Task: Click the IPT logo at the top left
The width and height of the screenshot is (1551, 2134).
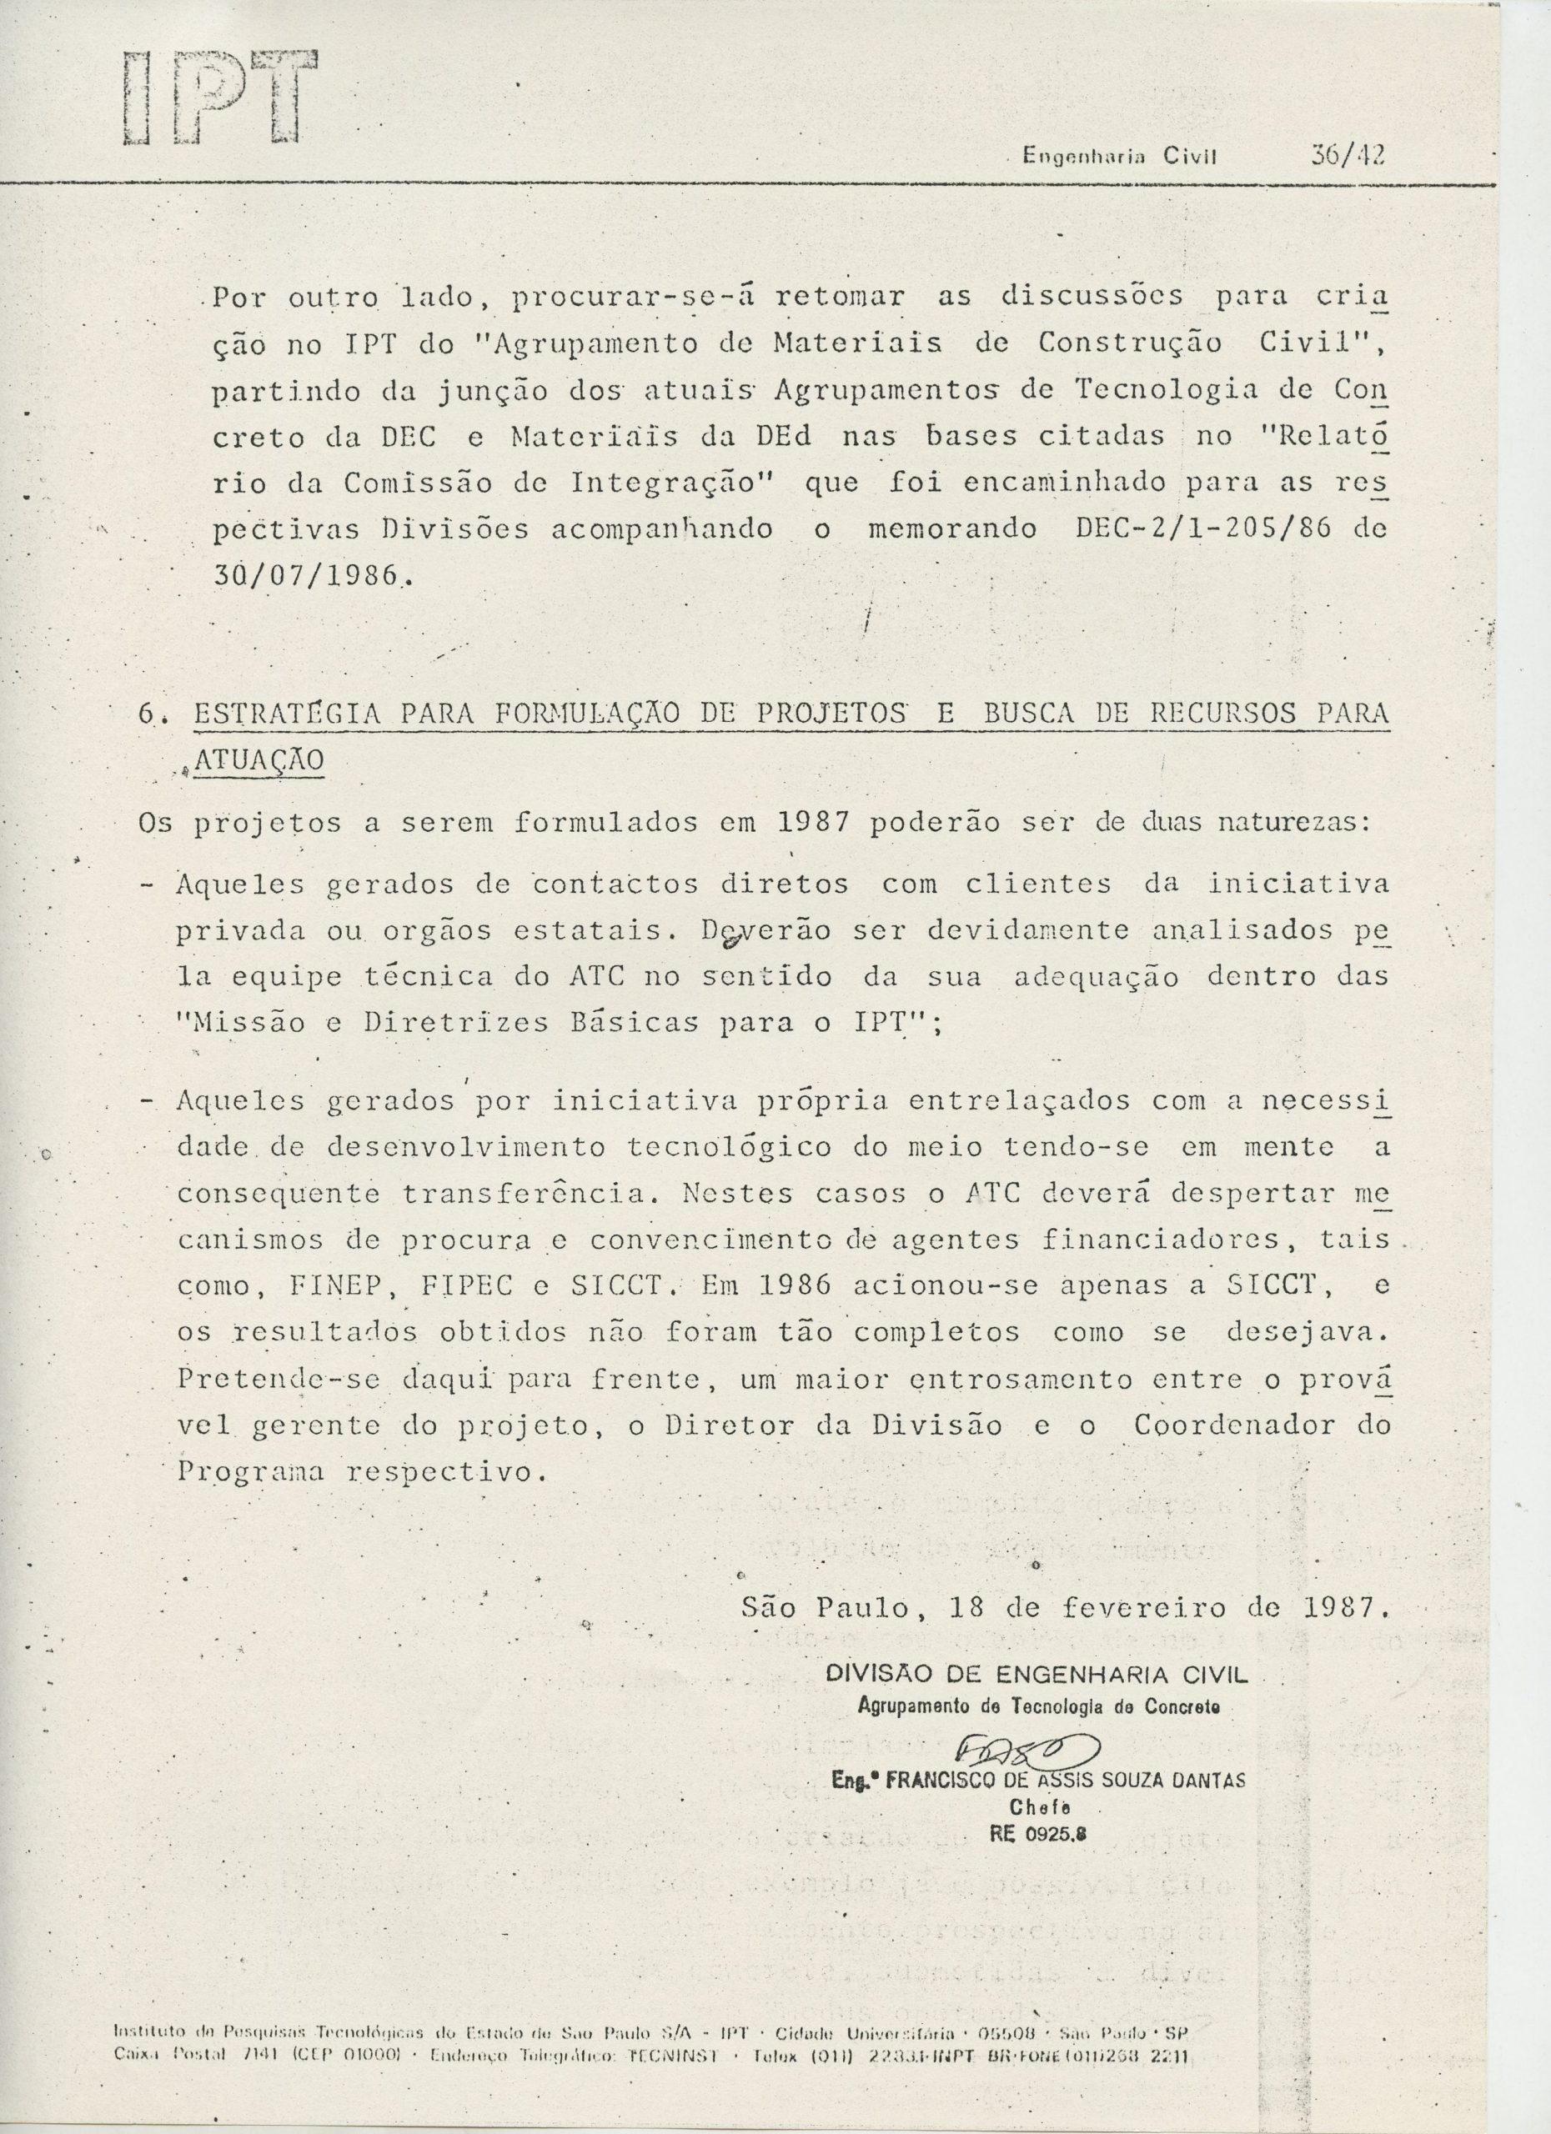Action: (218, 98)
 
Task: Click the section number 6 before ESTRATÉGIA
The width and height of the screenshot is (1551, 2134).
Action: (147, 714)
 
